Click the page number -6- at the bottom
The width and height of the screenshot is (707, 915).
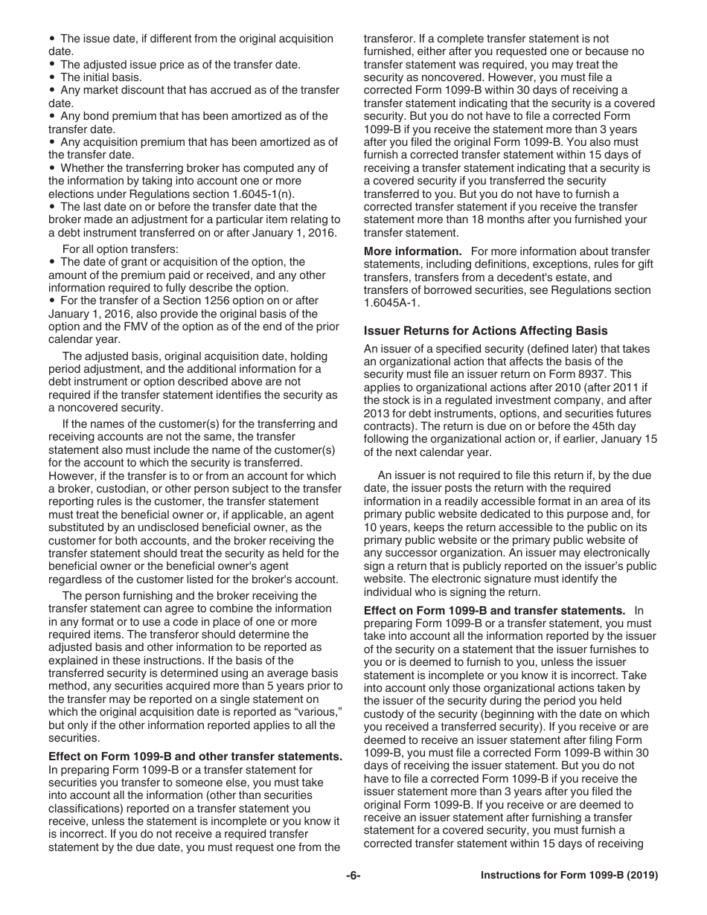[x=353, y=876]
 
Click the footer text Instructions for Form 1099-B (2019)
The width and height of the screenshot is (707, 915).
[x=569, y=876]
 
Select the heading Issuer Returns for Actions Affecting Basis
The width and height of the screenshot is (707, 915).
[x=485, y=330]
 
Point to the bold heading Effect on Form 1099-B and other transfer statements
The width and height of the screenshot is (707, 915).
[x=195, y=757]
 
